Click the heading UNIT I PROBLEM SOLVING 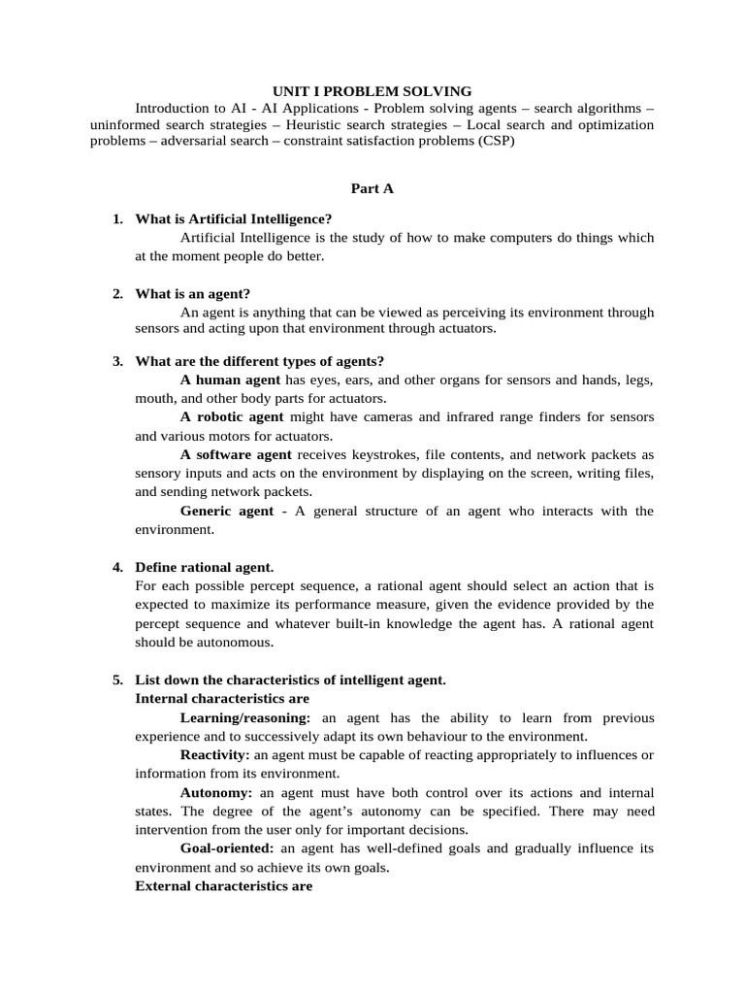[372, 91]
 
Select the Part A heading [372, 189]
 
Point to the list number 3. [117, 361]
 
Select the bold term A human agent [230, 380]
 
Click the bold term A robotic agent [232, 416]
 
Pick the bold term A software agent [236, 454]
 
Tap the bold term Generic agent [227, 511]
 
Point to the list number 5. [117, 680]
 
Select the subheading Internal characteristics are [222, 699]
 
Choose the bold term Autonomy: [216, 792]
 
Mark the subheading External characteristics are [223, 886]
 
